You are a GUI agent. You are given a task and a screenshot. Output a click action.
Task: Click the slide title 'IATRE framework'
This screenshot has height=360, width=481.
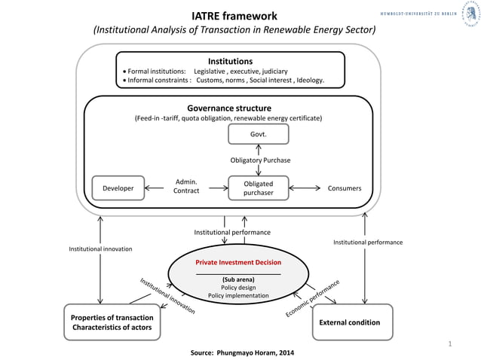tap(234, 16)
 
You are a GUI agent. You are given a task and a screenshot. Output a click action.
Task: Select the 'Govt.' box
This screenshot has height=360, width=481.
tap(258, 134)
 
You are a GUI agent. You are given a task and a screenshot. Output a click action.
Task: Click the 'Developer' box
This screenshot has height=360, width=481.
tap(118, 188)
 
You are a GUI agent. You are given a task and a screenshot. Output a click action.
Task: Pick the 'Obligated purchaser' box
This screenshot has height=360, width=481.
tap(258, 188)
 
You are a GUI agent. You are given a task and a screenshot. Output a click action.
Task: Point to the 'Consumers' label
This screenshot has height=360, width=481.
tap(344, 188)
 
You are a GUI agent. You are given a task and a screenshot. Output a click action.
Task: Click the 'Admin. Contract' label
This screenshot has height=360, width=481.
tap(186, 187)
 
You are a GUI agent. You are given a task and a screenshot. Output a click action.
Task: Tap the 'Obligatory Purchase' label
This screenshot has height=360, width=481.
tap(260, 160)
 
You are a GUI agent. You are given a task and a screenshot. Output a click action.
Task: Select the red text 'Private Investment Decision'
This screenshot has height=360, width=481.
tap(238, 262)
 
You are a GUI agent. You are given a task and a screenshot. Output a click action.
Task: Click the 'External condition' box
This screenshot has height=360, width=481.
tap(352, 322)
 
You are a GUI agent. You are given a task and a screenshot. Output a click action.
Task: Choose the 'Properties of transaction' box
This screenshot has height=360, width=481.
tap(112, 322)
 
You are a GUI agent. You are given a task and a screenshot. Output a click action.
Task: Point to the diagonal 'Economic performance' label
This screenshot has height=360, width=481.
tap(312, 299)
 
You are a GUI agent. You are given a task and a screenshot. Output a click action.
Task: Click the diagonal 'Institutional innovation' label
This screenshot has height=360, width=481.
tap(167, 296)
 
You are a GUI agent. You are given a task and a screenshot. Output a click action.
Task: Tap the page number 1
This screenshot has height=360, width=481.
tap(449, 344)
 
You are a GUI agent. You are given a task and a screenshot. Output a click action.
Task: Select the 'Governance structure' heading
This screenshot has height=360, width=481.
tap(228, 108)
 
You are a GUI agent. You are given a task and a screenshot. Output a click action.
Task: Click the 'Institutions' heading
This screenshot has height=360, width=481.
tap(230, 61)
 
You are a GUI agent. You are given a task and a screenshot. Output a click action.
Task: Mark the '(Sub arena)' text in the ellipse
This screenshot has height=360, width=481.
tap(237, 279)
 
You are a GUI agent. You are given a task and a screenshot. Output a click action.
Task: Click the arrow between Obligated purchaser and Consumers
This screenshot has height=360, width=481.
tap(305, 188)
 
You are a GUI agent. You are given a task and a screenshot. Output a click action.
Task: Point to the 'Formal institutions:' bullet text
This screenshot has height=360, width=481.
tap(156, 71)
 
